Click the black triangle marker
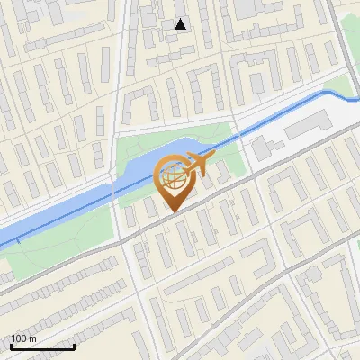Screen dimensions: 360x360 (x=181, y=24)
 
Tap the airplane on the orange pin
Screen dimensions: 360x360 (x=196, y=165)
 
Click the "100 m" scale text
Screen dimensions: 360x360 (x=24, y=338)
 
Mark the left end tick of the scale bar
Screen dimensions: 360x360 (x=11, y=345)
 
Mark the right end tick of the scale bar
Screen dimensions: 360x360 (x=74, y=345)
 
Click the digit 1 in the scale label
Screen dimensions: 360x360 (x=13, y=338)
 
